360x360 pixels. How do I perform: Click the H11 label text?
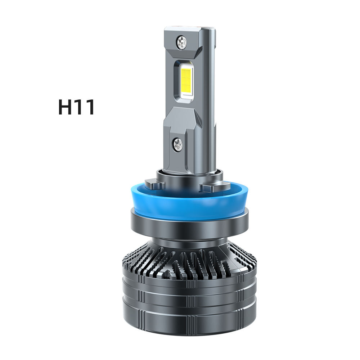click(76, 107)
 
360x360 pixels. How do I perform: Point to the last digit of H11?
click(90, 107)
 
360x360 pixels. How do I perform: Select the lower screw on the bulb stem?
click(177, 145)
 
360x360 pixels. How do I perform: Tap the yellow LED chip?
click(186, 78)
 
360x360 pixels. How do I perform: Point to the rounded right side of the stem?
click(213, 101)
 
